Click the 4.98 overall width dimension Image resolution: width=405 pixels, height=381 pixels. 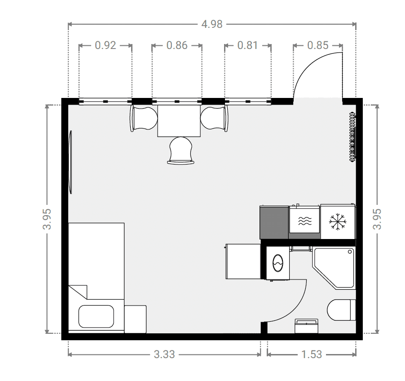(212, 24)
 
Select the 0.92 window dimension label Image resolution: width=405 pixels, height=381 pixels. (106, 45)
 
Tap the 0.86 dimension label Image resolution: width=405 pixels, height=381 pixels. (176, 45)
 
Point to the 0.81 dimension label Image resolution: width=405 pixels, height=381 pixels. (247, 45)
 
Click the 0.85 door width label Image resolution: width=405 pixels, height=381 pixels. (318, 45)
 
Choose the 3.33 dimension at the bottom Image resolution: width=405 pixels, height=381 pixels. (164, 354)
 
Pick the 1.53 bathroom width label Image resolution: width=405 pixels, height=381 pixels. (312, 354)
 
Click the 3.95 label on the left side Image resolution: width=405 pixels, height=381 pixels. (47, 219)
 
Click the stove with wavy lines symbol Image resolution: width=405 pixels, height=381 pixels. (304, 221)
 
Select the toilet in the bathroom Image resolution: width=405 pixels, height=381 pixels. (341, 310)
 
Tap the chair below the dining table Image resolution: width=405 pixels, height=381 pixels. (181, 150)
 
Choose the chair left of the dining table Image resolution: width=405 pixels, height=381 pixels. (143, 118)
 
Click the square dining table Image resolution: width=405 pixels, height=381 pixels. (179, 121)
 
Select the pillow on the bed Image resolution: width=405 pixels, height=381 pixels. (96, 316)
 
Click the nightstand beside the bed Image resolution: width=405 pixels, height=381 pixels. (135, 319)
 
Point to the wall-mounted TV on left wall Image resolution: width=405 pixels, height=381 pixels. (70, 162)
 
